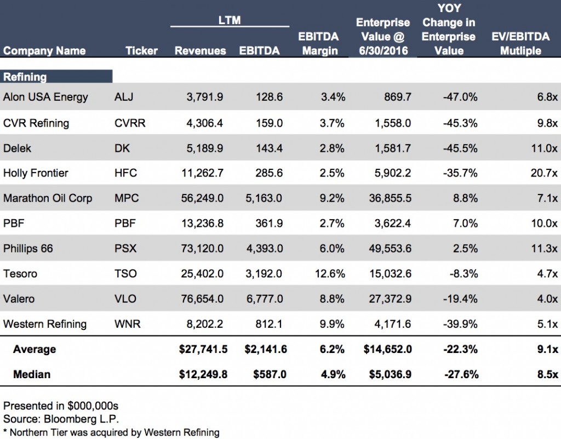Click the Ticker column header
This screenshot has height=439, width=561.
141,50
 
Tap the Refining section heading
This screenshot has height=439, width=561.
25,77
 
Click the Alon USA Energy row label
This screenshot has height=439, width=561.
45,97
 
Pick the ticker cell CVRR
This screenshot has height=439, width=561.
130,123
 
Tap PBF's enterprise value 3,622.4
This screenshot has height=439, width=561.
391,224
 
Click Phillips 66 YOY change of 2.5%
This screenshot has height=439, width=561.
464,248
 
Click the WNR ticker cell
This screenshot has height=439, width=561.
128,324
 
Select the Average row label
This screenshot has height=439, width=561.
35,349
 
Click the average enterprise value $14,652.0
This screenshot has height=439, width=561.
387,349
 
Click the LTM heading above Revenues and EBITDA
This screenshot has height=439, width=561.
230,21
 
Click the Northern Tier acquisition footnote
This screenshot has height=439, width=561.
111,432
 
